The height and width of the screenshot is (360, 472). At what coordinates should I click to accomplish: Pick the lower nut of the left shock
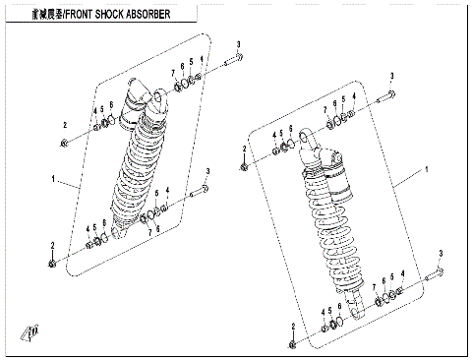tap(52, 263)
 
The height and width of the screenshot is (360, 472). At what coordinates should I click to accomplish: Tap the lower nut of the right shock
tap(293, 343)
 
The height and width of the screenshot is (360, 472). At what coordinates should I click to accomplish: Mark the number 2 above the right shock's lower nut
tap(293, 325)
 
